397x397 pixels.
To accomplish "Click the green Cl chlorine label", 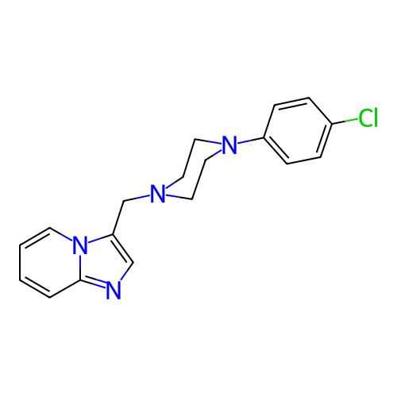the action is [368, 118].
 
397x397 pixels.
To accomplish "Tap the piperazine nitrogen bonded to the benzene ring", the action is [229, 145].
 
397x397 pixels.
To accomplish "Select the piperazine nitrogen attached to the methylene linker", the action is [158, 194].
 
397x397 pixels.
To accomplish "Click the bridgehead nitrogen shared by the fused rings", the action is [80, 245].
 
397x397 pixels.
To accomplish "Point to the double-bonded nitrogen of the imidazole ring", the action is [114, 291].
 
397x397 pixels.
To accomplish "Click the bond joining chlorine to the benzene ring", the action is [345, 121].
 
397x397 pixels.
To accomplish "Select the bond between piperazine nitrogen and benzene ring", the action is [250, 141].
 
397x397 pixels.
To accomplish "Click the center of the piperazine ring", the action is [194, 169].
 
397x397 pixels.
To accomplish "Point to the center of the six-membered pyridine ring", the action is [50, 262].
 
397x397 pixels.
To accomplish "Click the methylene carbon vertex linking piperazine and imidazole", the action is [124, 202].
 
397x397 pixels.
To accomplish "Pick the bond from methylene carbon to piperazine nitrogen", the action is [137, 198].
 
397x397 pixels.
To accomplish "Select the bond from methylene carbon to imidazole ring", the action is [118, 218].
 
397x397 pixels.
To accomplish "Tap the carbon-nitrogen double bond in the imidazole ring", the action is [94, 283].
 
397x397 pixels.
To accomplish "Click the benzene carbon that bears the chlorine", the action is [332, 124].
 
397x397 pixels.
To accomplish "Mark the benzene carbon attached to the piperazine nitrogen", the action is [264, 138].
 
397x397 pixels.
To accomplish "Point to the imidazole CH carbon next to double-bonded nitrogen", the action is [133, 263].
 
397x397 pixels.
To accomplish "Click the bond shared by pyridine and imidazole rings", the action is [80, 266].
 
